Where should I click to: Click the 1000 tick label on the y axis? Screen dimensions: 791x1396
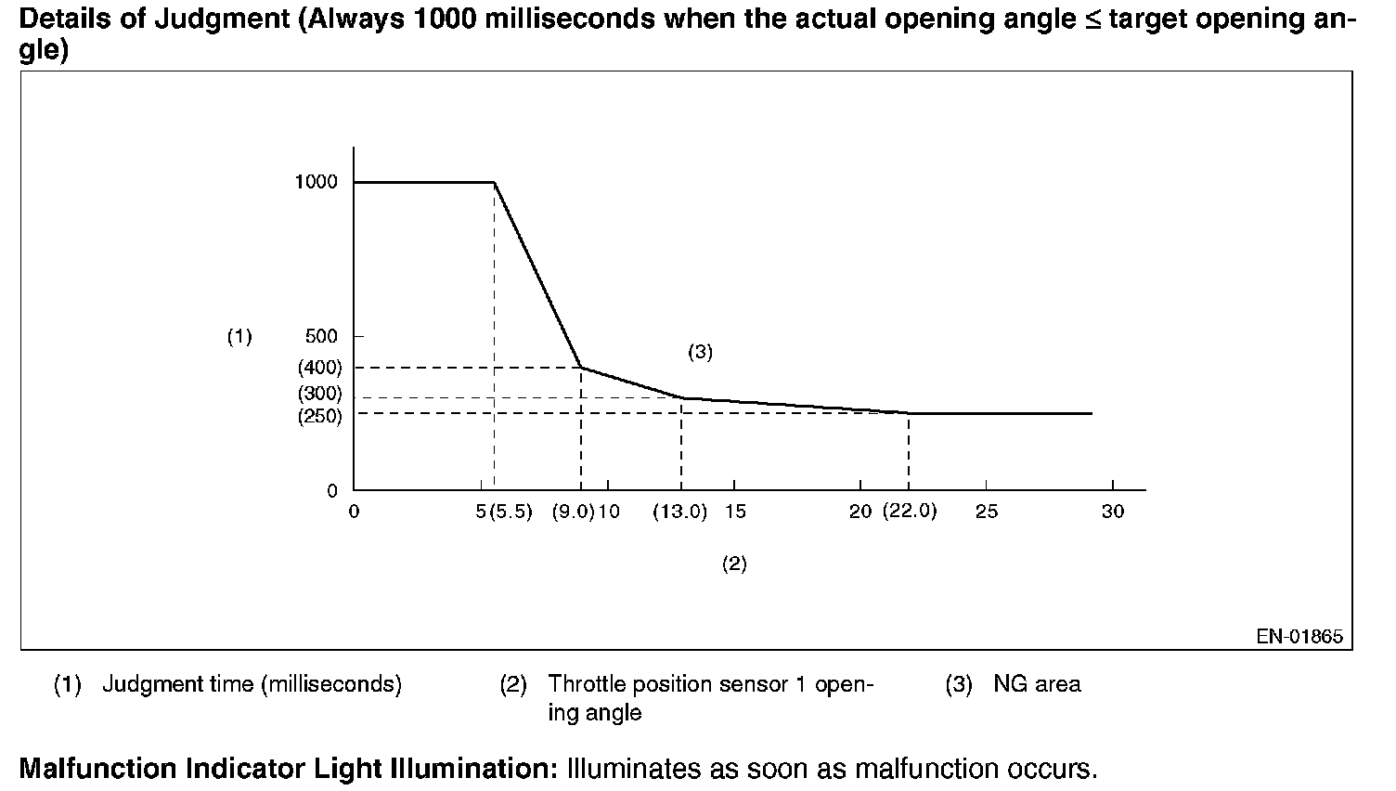point(316,182)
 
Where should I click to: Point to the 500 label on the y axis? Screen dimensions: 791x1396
point(321,336)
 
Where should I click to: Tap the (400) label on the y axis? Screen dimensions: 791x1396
point(319,368)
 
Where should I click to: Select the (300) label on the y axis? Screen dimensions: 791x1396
point(319,394)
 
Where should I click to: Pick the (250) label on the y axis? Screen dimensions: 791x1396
point(319,417)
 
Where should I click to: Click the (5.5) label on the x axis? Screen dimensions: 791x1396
point(511,512)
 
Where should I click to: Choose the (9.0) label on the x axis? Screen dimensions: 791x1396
point(573,512)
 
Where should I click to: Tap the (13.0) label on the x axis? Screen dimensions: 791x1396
point(679,512)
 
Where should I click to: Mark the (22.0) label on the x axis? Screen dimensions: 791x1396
point(910,512)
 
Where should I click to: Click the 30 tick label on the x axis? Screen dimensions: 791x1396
point(1112,512)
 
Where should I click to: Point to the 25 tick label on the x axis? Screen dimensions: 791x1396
point(986,512)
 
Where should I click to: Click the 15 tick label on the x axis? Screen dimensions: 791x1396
point(734,512)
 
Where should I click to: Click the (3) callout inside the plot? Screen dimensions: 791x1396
point(700,352)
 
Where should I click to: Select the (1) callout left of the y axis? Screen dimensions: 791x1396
point(239,336)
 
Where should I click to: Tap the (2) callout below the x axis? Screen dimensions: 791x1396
point(734,564)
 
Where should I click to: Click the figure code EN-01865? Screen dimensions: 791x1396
point(1299,637)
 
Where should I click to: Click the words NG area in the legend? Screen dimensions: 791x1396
point(1037,685)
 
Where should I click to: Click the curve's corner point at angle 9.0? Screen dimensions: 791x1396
point(581,368)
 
